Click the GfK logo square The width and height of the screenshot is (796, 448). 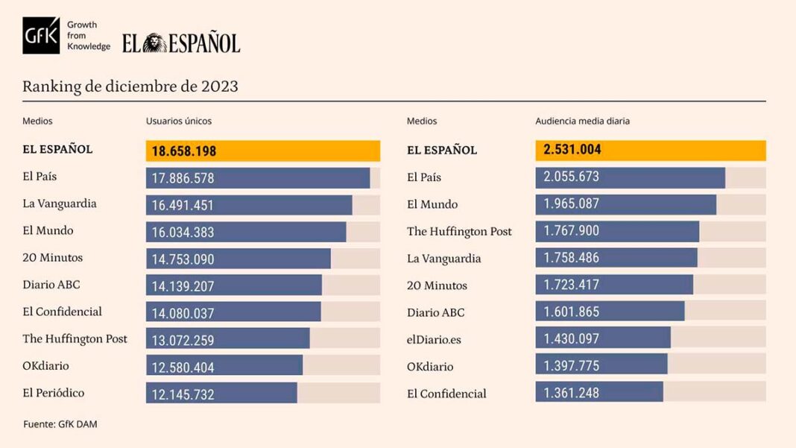pos(40,35)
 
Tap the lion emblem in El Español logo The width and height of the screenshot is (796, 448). pos(154,43)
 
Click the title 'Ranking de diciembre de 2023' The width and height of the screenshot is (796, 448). pos(130,86)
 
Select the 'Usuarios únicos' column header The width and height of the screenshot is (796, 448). pos(179,121)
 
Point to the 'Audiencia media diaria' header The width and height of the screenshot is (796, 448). pos(583,121)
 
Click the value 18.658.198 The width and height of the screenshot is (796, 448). pos(184,151)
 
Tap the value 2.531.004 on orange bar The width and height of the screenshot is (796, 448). pos(572,150)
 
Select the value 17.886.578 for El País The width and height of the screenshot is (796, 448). pos(183,179)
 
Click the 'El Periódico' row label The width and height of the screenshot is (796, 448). pos(53,393)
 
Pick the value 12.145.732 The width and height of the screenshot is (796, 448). pos(183,394)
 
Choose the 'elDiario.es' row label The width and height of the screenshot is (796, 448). pos(434,339)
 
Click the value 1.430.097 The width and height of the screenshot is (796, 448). pos(571,338)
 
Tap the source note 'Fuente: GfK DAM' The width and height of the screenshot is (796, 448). pos(60,424)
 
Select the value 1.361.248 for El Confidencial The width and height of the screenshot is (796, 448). pos(571,393)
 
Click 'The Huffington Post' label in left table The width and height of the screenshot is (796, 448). pos(75,338)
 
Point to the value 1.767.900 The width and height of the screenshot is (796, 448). pos(571,231)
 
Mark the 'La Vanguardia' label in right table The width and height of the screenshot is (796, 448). pos(443,259)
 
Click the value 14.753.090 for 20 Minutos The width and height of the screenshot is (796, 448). pos(183,259)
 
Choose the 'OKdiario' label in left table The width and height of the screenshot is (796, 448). pos(45,366)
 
